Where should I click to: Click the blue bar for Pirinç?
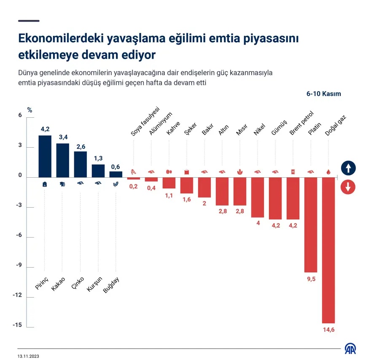pos(45,156)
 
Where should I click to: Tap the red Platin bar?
pos(311,225)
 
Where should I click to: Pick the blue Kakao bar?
pos(63,160)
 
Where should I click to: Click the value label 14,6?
pos(328,330)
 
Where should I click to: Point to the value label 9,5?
pos(311,279)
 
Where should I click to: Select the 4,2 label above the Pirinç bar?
pos(45,129)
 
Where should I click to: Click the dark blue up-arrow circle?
pos(348,168)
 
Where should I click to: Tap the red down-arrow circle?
pos(348,187)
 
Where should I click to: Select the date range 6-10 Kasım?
pos(323,94)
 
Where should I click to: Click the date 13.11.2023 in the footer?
pos(28,356)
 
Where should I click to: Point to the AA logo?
pos(351,349)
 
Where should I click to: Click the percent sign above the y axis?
pos(30,110)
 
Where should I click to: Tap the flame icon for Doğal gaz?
pos(328,172)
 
